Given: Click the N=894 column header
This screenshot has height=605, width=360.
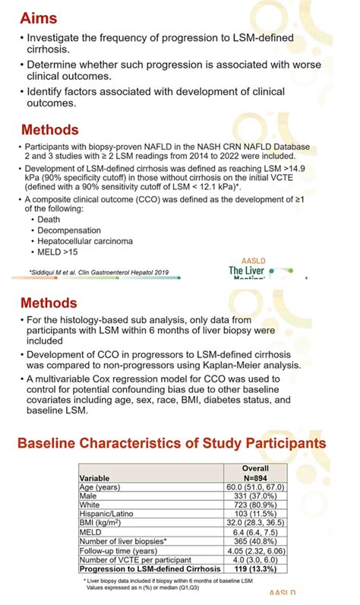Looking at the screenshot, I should (x=255, y=478).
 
